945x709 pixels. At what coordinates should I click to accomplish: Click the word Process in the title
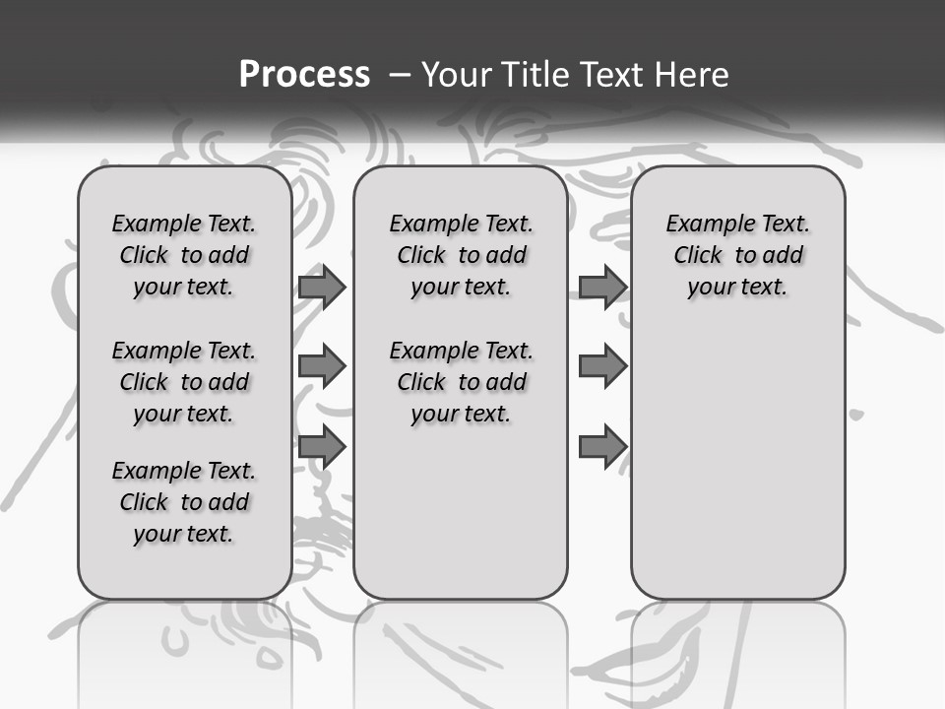pos(304,74)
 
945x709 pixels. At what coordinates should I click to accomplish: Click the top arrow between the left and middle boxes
pos(322,287)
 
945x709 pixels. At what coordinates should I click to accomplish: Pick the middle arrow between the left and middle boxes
pos(322,367)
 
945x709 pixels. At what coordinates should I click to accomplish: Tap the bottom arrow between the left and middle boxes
pos(322,447)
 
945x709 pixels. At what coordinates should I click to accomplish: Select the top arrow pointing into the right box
pos(602,287)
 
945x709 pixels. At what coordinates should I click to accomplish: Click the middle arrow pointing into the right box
pos(602,367)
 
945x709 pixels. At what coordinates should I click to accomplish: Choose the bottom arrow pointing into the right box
pos(602,447)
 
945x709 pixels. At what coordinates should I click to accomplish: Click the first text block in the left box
pos(184,255)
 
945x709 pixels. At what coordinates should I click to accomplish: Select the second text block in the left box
pos(184,382)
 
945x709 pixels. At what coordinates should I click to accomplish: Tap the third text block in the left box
pos(184,502)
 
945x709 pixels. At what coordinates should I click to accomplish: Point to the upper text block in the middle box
pos(461,255)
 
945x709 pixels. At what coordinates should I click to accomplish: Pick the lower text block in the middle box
pos(461,382)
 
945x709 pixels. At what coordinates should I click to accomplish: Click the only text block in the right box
pos(737,255)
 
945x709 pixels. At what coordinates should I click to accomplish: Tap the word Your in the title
pos(456,74)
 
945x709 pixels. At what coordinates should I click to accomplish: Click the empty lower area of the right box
pos(737,463)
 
